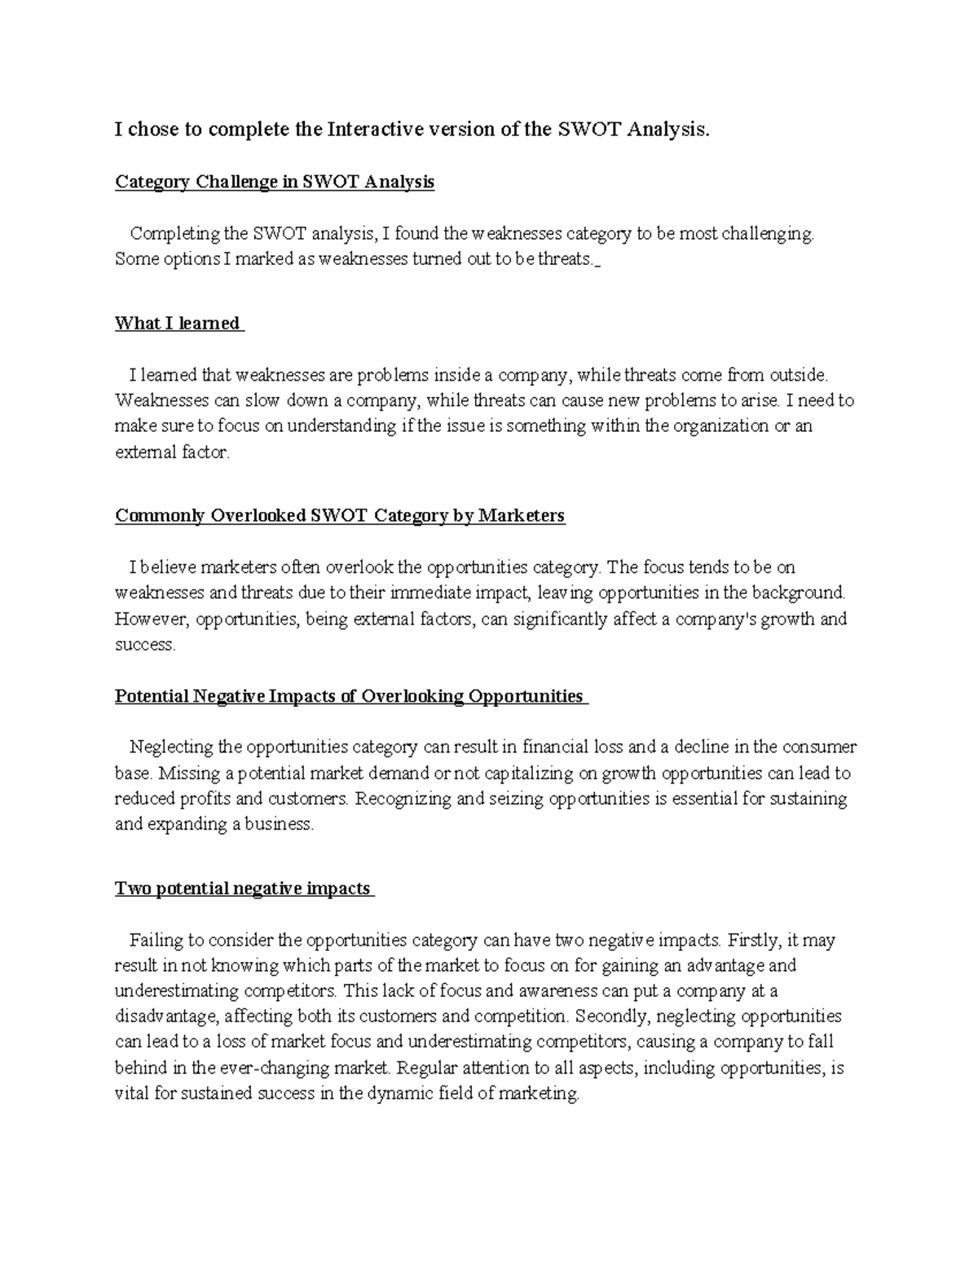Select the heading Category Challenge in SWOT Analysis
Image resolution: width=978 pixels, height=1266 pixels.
pos(275,182)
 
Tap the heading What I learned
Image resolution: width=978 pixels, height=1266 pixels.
pos(178,324)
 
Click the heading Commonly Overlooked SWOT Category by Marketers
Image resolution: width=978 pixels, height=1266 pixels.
pos(340,516)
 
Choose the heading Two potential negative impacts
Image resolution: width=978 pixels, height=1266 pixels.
pos(243,889)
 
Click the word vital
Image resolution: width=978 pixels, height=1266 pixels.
pos(132,1094)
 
